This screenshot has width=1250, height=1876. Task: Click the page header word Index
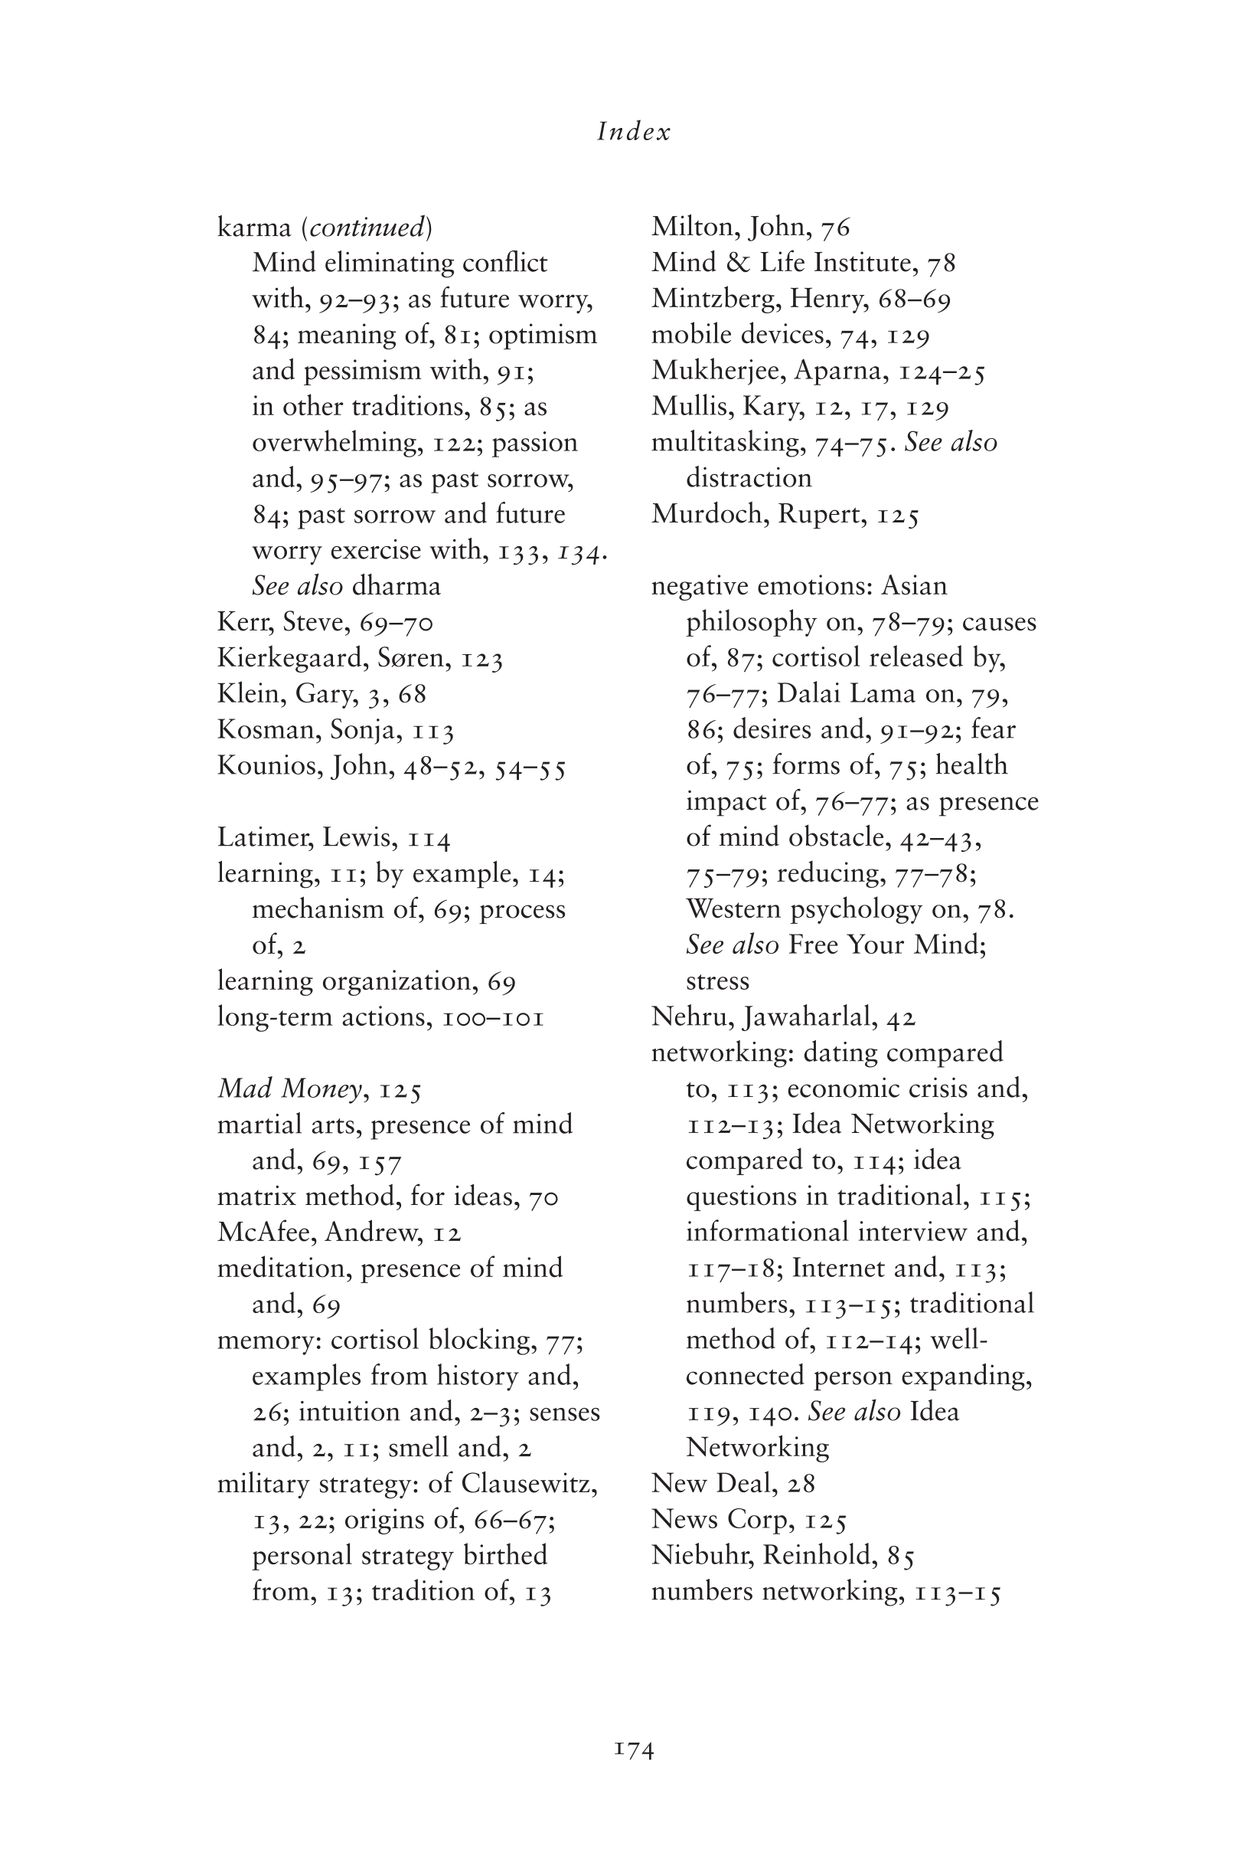(634, 132)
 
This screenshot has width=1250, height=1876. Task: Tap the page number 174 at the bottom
(634, 1750)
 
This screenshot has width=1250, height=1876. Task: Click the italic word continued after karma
(367, 228)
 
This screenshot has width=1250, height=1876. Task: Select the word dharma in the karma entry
(396, 587)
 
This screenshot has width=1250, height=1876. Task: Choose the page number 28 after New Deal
(801, 1484)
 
